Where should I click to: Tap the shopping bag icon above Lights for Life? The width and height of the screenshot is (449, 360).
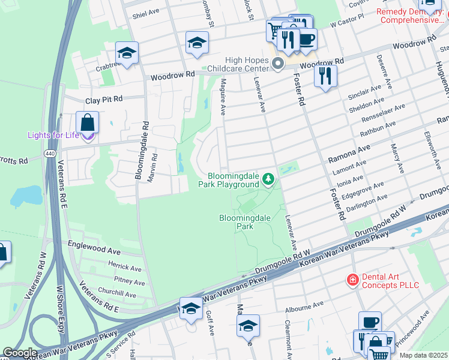coord(88,122)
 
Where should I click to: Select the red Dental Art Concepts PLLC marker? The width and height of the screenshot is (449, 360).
coord(353,280)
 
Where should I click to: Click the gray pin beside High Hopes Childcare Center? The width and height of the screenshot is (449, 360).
coord(277,64)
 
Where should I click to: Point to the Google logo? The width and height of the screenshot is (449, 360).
coord(19,353)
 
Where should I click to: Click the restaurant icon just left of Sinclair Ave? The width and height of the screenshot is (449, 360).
coord(325,75)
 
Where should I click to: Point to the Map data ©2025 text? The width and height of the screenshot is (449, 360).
coord(424,355)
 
